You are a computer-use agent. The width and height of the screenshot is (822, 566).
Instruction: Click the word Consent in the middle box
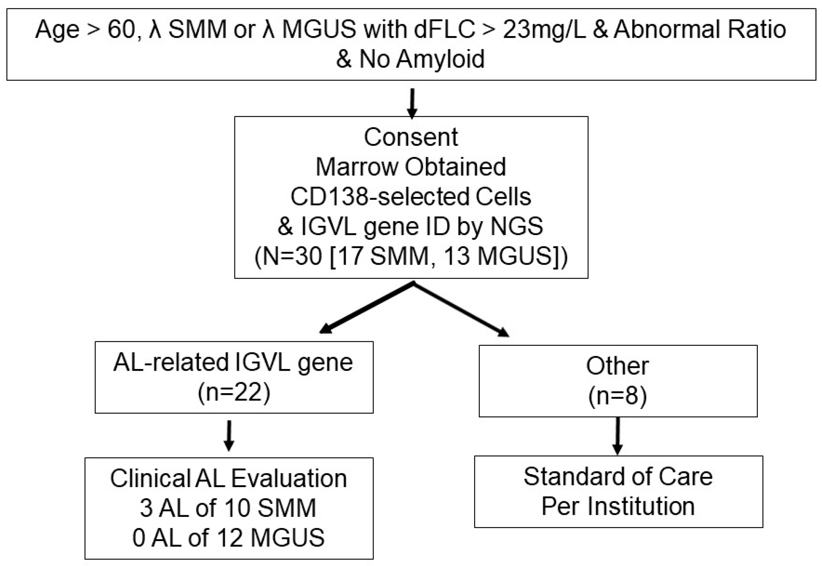[411, 138]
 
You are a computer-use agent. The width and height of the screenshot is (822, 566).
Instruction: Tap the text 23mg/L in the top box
[544, 30]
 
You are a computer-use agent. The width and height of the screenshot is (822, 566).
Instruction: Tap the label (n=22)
[234, 393]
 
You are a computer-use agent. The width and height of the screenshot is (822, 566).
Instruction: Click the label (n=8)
[617, 396]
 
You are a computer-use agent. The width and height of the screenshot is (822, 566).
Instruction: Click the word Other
[617, 366]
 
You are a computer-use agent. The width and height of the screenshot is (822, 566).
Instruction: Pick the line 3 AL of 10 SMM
[228, 508]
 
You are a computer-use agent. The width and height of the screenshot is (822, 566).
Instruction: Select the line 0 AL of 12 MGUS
[228, 538]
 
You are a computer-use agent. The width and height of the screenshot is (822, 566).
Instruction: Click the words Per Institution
[618, 506]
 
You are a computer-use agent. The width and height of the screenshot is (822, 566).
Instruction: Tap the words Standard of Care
[618, 476]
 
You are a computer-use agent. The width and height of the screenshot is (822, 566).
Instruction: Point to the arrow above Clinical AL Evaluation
[229, 435]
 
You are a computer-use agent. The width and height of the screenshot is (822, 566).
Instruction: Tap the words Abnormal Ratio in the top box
[700, 30]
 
